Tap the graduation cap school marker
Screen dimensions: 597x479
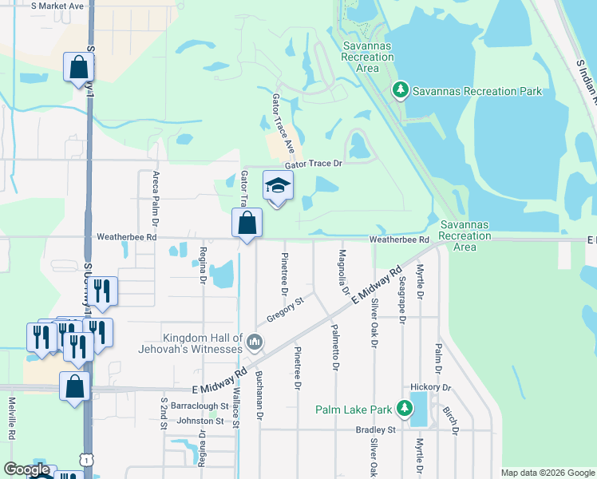click(x=278, y=187)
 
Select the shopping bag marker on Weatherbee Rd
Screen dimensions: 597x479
click(x=247, y=223)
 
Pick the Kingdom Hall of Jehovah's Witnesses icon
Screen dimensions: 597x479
click(x=255, y=342)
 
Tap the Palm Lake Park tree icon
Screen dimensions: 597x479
click(x=405, y=410)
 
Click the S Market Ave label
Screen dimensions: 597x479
click(x=57, y=6)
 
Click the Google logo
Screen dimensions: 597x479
click(x=27, y=469)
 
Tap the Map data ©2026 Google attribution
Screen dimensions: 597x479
click(x=547, y=473)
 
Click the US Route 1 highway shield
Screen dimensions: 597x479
click(x=84, y=457)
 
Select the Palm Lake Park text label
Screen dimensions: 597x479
click(x=354, y=410)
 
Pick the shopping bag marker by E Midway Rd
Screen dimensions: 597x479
click(x=74, y=386)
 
